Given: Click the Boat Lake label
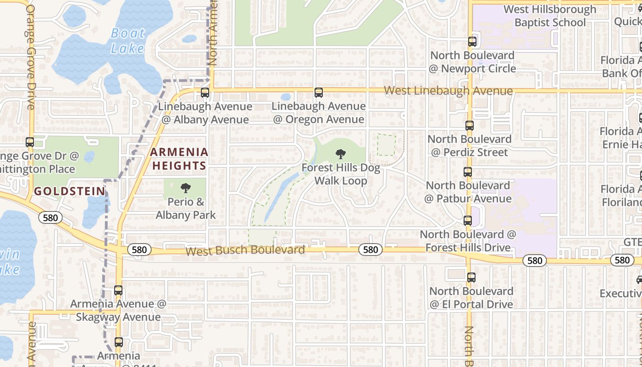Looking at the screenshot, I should coord(128,40).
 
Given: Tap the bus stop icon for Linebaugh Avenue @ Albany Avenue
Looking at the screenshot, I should coord(205,93).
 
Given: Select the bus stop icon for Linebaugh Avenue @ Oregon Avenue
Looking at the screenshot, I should coord(318,93).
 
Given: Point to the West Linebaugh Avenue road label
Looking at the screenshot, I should coord(448,90).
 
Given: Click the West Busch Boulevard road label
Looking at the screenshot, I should coord(245,250).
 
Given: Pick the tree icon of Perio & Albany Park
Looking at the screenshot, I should coord(186,188).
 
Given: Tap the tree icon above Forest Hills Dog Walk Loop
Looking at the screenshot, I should coord(340,154).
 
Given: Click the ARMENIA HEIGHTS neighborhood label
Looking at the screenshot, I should coord(179,159).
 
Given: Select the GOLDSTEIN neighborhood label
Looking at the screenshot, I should coord(70,191).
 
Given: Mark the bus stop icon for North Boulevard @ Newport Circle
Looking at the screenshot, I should coord(472,42).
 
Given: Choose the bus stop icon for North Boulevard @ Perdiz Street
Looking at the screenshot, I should coord(469,125).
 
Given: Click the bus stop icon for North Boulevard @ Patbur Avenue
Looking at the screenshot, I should coord(468,172).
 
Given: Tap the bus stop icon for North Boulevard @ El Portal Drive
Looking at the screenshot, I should coord(471,278).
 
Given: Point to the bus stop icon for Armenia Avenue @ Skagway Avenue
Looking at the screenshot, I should coord(118,290).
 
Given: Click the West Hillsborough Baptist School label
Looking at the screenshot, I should coord(550,16).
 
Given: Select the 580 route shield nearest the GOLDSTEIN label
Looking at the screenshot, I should coord(50,217).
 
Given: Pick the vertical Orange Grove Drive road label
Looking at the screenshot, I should coord(30,57).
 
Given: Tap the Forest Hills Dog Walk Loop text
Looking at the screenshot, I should coord(341,174).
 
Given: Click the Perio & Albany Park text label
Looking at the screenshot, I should coord(186,208).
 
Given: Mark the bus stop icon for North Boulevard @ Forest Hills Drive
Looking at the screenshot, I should coord(468,221).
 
